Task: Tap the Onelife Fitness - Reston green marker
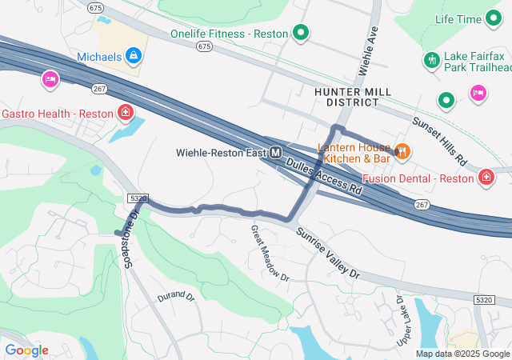pos(301,33)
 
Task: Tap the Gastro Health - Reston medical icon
pos(125,113)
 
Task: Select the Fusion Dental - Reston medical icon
pos(486,178)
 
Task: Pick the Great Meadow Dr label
pos(269,252)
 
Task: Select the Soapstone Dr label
pos(130,240)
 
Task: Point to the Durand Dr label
pos(176,296)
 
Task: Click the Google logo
pos(26,350)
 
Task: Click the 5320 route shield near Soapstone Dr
pos(137,198)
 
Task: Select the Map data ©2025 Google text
pos(462,354)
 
